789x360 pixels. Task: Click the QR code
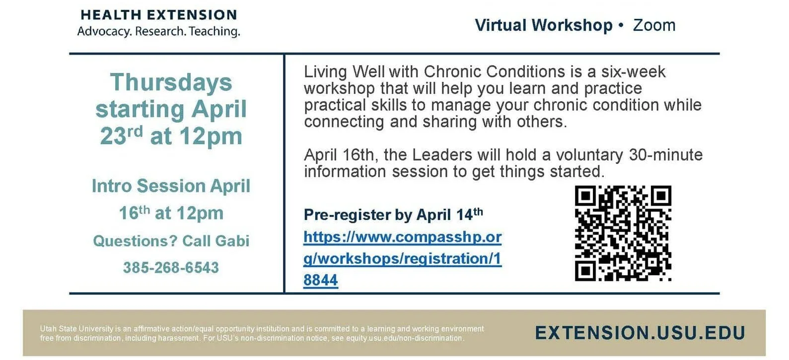(x=623, y=233)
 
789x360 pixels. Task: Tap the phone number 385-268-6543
(x=171, y=268)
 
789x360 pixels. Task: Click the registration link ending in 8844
(x=402, y=258)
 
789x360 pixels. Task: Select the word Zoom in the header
(x=654, y=25)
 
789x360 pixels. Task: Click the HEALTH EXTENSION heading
(x=158, y=15)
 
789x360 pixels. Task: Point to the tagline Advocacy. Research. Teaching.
(x=158, y=31)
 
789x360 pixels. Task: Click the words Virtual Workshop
(x=543, y=25)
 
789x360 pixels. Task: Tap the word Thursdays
(x=171, y=82)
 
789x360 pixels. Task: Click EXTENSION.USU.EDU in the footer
(x=640, y=333)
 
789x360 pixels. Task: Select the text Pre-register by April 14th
(x=393, y=215)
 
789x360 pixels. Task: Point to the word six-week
(x=633, y=72)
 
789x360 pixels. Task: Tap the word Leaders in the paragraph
(x=442, y=155)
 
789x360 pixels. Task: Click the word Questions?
(x=135, y=241)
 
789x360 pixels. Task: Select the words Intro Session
(x=148, y=186)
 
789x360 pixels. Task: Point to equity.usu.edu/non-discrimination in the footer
(x=404, y=338)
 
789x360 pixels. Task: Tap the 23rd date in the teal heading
(x=121, y=136)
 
